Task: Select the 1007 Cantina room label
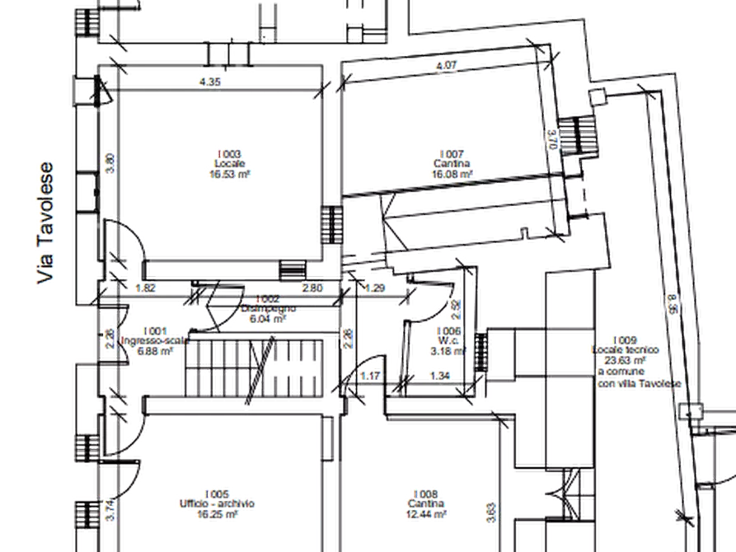pos(453,163)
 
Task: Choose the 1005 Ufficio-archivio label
pos(220,501)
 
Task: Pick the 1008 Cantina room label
pos(428,502)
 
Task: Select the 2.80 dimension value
pos(312,288)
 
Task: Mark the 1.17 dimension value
pos(371,377)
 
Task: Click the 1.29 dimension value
pos(375,288)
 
